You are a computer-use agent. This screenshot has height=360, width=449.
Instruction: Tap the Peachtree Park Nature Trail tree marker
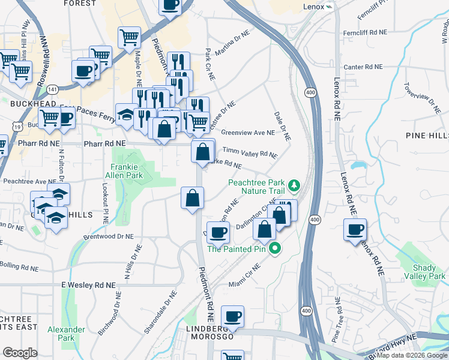click(x=294, y=184)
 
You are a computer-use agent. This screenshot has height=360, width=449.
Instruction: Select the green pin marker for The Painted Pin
click(x=276, y=248)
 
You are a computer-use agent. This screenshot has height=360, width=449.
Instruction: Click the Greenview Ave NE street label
click(x=247, y=133)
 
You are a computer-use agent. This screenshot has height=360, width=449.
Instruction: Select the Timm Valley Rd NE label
click(x=250, y=152)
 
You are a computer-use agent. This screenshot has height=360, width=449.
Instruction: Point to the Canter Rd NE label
click(x=359, y=67)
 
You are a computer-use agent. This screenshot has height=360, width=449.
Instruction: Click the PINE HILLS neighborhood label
click(x=426, y=136)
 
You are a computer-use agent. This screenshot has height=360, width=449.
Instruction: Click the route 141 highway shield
click(x=53, y=89)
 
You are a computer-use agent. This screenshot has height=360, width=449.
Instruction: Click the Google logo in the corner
click(x=20, y=353)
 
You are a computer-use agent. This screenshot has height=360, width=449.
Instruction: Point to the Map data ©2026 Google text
click(x=412, y=355)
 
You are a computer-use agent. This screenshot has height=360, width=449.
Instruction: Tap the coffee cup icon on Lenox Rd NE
click(x=354, y=229)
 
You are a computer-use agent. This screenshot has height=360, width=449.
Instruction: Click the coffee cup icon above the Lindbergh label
click(x=232, y=316)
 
